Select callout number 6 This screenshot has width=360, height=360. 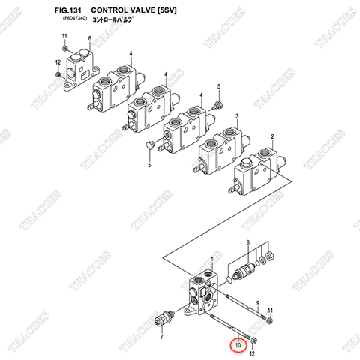point(89,38)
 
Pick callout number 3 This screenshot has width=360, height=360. point(237,115)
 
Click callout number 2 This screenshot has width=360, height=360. point(272,136)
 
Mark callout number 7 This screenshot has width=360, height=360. point(160,339)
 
